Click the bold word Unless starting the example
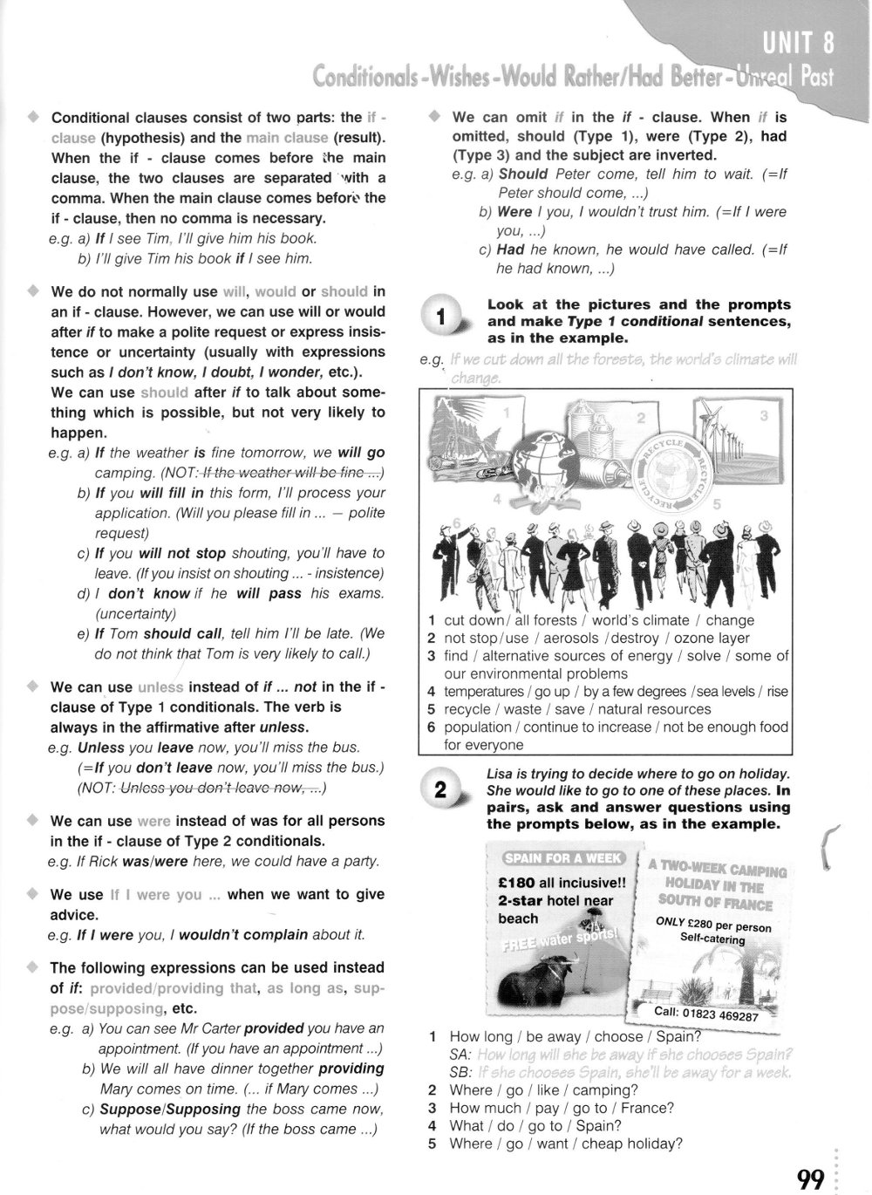click(x=101, y=748)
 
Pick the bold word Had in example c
click(x=510, y=249)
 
